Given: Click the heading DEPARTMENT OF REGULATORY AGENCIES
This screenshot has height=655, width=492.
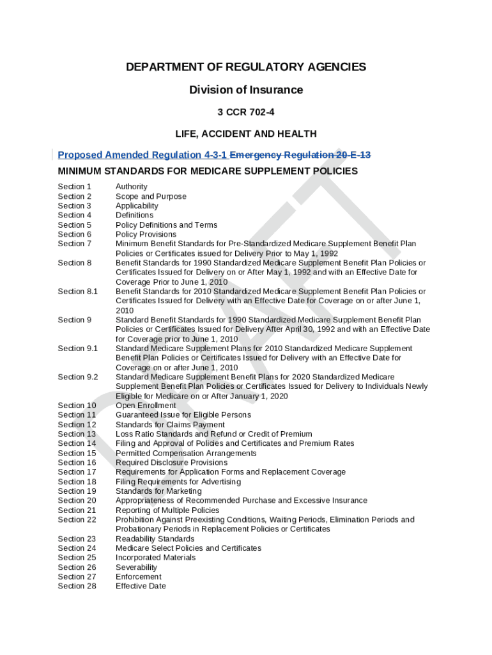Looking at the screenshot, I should (x=246, y=67).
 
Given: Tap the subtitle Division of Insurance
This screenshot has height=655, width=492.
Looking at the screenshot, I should (x=246, y=90).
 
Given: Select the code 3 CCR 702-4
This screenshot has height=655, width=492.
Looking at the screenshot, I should (x=246, y=112).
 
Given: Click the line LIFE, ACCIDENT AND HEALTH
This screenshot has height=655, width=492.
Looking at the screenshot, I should (x=246, y=134).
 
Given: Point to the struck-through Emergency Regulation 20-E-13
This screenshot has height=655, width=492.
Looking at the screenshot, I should (x=300, y=155).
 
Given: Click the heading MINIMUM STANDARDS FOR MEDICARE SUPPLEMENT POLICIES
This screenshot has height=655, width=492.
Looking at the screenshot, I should (x=208, y=171).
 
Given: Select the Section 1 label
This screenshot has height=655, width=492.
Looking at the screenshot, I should (x=75, y=187).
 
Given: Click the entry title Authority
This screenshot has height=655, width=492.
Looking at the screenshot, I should (x=131, y=187).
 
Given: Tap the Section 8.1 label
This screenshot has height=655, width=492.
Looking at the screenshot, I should (x=78, y=292).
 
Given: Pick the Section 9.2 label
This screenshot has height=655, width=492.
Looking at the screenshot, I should (x=78, y=377).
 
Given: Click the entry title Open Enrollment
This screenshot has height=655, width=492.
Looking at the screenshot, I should (x=146, y=406).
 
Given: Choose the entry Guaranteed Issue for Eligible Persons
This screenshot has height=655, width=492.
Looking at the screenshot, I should (x=183, y=415).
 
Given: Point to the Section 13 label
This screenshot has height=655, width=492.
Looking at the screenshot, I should (x=77, y=434).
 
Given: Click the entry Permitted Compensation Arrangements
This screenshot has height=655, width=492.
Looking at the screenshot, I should (x=186, y=453).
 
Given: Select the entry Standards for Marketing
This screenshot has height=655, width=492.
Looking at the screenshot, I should (x=158, y=491).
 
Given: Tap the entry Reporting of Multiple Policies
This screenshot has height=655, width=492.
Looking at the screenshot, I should (x=167, y=510).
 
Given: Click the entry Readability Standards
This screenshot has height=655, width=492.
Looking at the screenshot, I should (x=155, y=539).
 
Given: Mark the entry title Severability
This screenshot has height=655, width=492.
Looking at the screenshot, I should (x=136, y=567).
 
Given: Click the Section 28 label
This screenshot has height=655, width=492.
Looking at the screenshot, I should (x=77, y=586).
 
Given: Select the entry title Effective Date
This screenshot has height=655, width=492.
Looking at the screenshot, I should (x=141, y=586).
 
